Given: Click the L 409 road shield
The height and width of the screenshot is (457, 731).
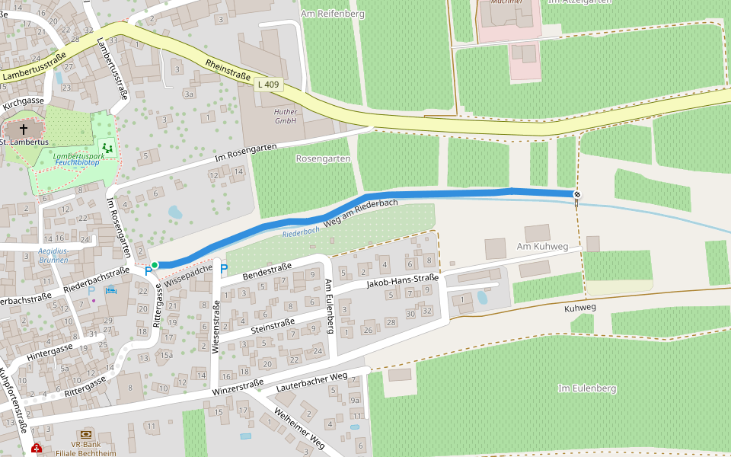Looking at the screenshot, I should (270, 85).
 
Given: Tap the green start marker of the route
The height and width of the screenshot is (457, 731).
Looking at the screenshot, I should (155, 265).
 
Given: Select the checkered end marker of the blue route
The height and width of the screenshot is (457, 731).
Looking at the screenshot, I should (577, 195).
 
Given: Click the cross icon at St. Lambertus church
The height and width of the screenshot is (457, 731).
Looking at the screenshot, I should (24, 129).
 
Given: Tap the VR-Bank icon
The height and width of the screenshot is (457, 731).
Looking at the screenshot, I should (85, 433).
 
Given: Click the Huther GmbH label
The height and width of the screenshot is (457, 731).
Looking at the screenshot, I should (286, 116).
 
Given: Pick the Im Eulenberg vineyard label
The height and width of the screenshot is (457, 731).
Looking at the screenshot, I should (586, 388).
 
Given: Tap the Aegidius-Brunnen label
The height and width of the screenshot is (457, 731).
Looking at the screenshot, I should (53, 255).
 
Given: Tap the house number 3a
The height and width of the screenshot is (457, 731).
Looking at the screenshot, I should (189, 94).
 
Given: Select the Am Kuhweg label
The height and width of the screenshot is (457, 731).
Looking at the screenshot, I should (543, 247).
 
